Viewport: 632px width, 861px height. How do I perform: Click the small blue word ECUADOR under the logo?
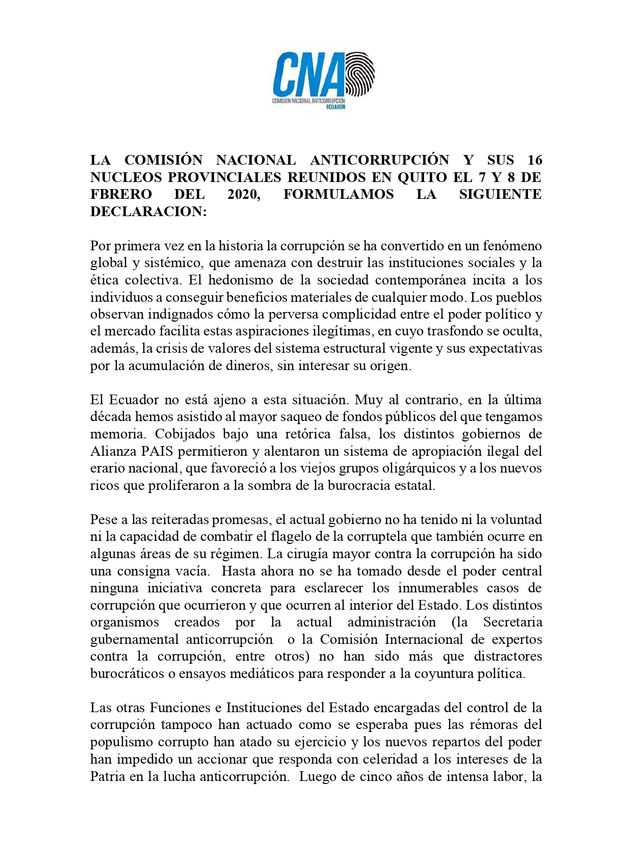coord(336,107)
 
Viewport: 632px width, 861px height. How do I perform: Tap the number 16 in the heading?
coord(535,160)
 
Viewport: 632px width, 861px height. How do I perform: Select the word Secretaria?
coord(513,622)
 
